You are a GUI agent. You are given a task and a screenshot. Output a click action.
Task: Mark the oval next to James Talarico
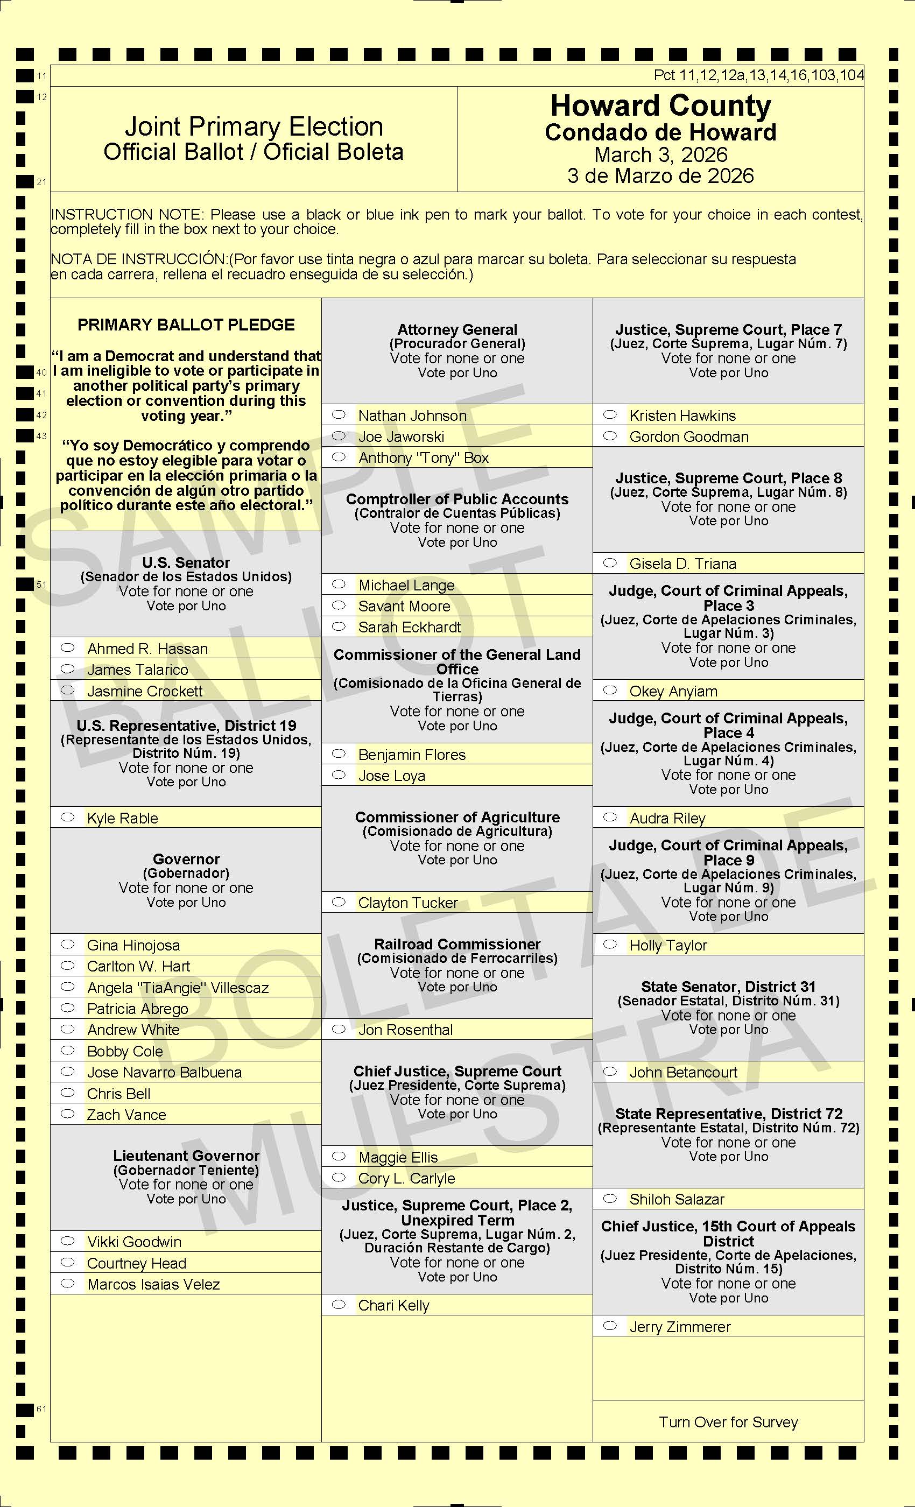[x=67, y=669]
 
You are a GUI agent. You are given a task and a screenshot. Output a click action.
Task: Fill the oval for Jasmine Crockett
[x=67, y=691]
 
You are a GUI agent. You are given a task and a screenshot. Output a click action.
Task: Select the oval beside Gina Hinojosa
[x=67, y=945]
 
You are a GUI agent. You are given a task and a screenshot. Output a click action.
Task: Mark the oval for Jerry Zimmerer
[x=610, y=1326]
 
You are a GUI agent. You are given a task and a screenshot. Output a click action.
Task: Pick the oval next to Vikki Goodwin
[x=67, y=1241]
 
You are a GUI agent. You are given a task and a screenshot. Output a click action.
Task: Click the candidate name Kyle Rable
[x=122, y=818]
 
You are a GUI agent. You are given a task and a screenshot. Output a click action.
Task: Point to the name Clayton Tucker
[x=408, y=903]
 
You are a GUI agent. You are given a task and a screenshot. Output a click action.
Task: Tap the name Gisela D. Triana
[x=682, y=564]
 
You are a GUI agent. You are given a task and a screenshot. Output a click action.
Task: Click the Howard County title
[x=660, y=106]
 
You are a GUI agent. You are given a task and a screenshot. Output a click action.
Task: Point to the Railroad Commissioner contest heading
[x=457, y=945]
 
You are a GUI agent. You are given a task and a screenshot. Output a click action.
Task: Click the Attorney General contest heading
[x=457, y=329]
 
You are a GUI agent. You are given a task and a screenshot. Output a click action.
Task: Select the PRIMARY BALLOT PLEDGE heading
[x=186, y=325]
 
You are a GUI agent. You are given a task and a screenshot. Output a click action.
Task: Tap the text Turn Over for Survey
[x=728, y=1422]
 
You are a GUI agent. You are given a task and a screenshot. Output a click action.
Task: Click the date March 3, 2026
[x=660, y=155]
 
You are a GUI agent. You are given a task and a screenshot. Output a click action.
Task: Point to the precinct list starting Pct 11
[x=758, y=75]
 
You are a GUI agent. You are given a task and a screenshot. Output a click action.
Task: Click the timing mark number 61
[x=41, y=1409]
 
